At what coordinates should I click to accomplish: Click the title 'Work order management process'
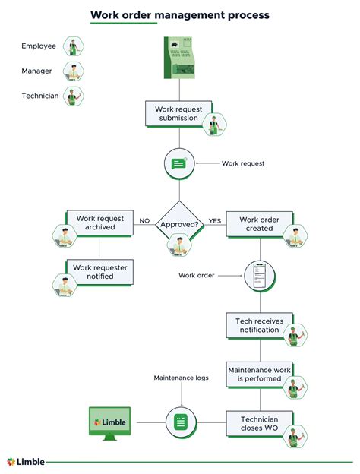180,14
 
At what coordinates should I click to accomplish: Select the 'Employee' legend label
39,46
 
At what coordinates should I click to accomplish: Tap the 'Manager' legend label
38,71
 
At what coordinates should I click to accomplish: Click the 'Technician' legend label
39,96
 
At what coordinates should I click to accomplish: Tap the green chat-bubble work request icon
179,163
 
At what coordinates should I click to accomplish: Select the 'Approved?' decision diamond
180,225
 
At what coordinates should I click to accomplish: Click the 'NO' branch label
144,221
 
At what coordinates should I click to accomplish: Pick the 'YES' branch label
215,221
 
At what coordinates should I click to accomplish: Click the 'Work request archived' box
100,222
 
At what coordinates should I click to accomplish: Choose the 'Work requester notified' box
99,271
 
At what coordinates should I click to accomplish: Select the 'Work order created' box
260,224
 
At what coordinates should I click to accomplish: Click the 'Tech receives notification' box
260,326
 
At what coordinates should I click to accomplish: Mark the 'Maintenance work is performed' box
260,374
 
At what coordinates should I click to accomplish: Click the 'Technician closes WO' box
260,424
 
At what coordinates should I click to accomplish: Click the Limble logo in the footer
26,461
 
